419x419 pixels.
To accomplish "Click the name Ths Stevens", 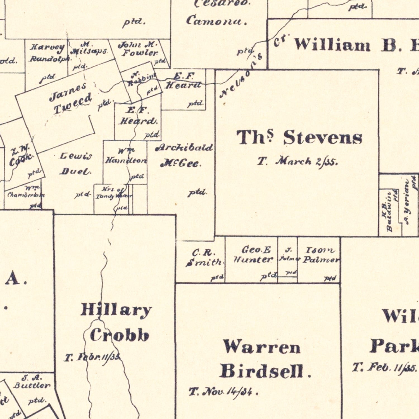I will (299, 138).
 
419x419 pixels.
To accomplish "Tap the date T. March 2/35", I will (297, 161).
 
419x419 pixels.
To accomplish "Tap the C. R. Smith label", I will (204, 258).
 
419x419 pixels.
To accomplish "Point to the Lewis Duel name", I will (75, 164).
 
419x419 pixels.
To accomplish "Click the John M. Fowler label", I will (139, 49).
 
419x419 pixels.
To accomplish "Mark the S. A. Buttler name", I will (32, 382).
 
